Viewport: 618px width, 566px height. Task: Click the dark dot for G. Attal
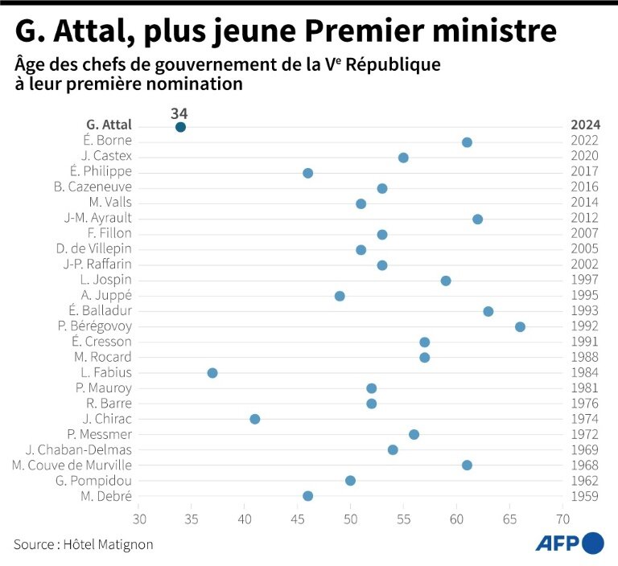(180, 127)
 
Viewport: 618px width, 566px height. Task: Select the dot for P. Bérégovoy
(520, 326)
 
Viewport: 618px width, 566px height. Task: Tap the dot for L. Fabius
(212, 373)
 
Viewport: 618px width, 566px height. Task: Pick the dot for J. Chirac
(255, 419)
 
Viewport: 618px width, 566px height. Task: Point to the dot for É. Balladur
(488, 311)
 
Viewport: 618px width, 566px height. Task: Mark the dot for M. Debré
(307, 496)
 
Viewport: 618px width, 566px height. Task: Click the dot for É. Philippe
(307, 173)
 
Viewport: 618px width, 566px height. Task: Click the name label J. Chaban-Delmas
(79, 450)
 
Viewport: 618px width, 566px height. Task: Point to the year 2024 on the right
(585, 125)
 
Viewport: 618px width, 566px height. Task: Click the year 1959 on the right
(585, 496)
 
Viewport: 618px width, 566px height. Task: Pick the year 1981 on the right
(585, 388)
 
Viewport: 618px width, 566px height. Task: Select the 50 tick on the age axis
(351, 519)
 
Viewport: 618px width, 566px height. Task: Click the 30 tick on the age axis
(140, 519)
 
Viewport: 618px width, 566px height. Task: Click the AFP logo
(570, 543)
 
